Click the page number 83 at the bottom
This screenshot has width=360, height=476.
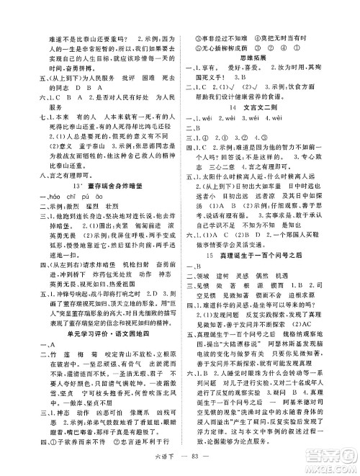click(x=197, y=461)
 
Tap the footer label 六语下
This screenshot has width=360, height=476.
click(x=170, y=461)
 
